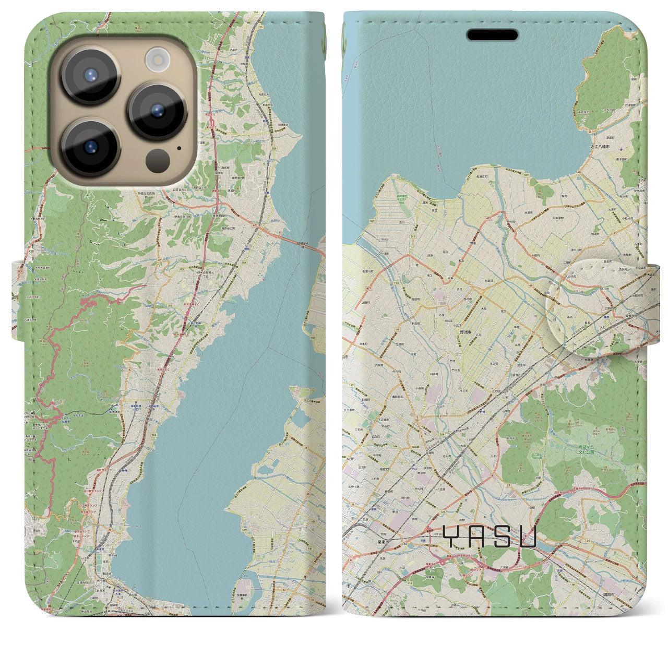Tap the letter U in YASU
(x=528, y=536)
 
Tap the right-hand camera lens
(x=157, y=111)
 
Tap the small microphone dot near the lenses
(x=180, y=148)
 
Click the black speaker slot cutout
(x=492, y=35)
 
